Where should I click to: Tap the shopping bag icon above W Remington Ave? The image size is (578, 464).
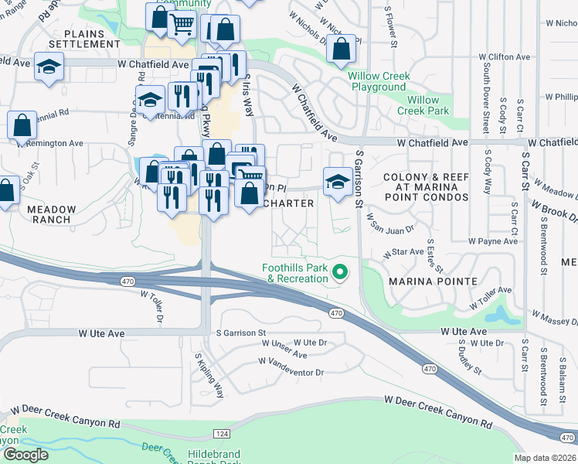point(22,125)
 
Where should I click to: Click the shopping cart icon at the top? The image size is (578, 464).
point(182,23)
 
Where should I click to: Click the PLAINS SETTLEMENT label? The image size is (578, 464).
point(93,39)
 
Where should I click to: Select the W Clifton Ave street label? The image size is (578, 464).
point(504,57)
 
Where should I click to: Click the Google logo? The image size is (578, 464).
point(25,455)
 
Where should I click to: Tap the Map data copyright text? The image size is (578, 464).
point(546,458)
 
